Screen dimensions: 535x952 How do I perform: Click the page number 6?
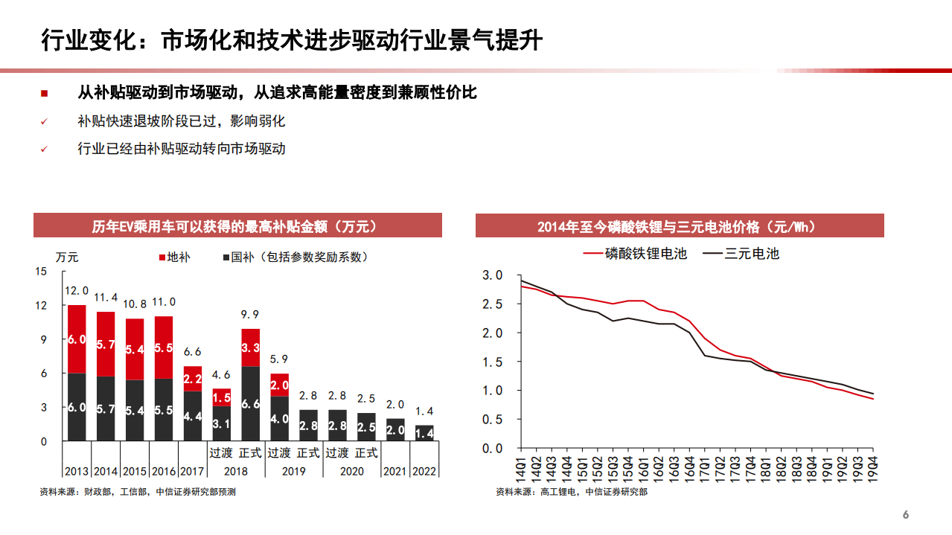[x=906, y=515]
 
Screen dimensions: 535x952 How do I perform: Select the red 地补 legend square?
[x=162, y=257]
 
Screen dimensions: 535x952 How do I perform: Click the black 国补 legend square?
[x=225, y=257]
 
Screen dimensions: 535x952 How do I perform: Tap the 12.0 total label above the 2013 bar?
[x=77, y=291]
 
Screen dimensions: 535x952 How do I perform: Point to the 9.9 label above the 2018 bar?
[x=251, y=314]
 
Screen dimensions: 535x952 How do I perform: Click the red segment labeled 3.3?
[x=251, y=347]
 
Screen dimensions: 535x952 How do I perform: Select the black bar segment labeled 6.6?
[x=251, y=403]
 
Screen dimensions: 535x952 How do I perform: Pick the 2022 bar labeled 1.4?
[x=424, y=433]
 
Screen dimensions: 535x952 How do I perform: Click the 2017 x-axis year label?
[x=192, y=471]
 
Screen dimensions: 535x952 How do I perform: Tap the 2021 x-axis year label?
[x=395, y=471]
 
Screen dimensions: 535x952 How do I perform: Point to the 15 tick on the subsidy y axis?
[x=42, y=272]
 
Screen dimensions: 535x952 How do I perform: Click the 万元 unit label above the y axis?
[x=67, y=257]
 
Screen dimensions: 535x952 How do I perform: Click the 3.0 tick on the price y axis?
[x=493, y=275]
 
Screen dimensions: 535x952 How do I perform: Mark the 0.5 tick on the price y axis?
[x=493, y=419]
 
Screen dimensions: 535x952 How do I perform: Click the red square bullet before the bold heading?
[x=44, y=94]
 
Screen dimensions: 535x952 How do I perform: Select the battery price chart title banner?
[x=680, y=226]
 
